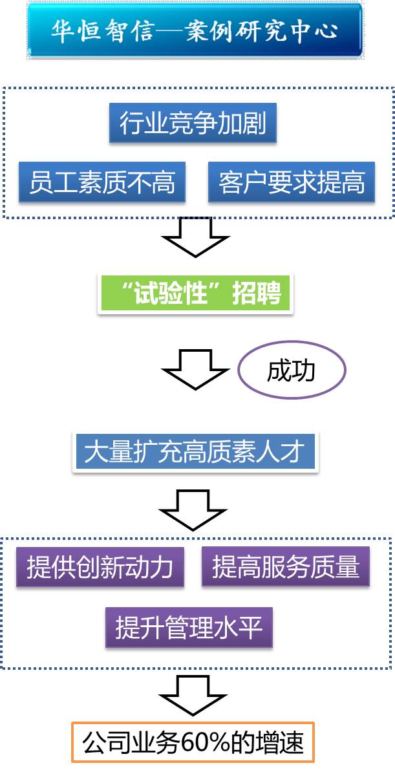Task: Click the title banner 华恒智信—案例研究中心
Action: [x=195, y=31]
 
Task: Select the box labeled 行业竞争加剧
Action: [x=193, y=123]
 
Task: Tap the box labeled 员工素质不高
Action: [x=101, y=182]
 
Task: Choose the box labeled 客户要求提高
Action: [x=291, y=182]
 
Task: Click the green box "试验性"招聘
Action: [x=195, y=294]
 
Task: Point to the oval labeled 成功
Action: [x=292, y=370]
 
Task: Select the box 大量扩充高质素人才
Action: [x=195, y=451]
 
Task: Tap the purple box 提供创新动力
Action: [x=100, y=567]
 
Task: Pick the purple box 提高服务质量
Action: [x=285, y=567]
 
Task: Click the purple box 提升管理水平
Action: [x=189, y=627]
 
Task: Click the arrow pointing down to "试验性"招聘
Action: [x=195, y=237]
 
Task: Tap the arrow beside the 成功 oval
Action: [x=195, y=369]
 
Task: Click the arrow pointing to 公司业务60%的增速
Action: [x=193, y=695]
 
